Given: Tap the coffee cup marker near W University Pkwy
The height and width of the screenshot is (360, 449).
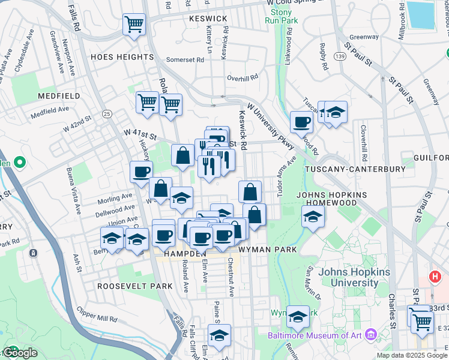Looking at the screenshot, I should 301,122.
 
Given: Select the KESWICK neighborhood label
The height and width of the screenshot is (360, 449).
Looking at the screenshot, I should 208,19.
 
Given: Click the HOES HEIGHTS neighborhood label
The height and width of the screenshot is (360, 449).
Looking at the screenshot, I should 122,57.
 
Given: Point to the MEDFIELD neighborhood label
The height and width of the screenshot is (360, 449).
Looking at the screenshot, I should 59,96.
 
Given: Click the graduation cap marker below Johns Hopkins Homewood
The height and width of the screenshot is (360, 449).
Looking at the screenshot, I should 313,217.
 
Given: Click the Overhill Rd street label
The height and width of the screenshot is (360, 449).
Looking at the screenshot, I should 242,77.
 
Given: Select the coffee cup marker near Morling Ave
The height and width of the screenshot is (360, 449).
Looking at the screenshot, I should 141,172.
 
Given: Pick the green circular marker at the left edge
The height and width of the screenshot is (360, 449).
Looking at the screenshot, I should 19,162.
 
